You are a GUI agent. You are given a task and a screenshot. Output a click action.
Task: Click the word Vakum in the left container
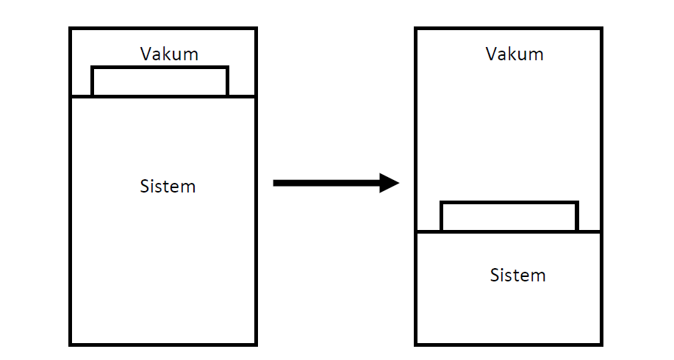coord(169,54)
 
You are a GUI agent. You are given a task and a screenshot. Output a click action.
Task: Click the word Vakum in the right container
coord(515,54)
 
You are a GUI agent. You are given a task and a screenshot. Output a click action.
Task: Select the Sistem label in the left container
coord(168,186)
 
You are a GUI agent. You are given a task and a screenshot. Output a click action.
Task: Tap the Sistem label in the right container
coord(517,276)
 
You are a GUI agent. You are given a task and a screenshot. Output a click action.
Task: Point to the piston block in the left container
coord(159,82)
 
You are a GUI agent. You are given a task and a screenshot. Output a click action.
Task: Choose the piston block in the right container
coord(509,217)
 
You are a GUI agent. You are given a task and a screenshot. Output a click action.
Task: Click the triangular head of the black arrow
coord(389,182)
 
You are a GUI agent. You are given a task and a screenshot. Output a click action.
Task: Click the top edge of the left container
coord(163,29)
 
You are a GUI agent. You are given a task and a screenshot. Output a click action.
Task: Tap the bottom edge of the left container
coord(163,343)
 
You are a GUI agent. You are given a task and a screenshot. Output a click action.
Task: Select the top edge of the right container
coord(509,29)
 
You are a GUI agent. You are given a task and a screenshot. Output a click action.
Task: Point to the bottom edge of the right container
coord(509,343)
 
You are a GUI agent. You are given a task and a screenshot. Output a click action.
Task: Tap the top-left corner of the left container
coord(71,29)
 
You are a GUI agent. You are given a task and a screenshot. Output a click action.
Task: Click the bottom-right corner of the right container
coord(601,343)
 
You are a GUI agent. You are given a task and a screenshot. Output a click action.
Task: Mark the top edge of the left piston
coord(159,68)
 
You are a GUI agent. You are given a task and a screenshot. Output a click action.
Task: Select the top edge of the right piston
coord(509,203)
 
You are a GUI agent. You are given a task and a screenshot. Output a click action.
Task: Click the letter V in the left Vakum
coord(145,54)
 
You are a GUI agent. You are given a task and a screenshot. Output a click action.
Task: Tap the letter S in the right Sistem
coord(495,276)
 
